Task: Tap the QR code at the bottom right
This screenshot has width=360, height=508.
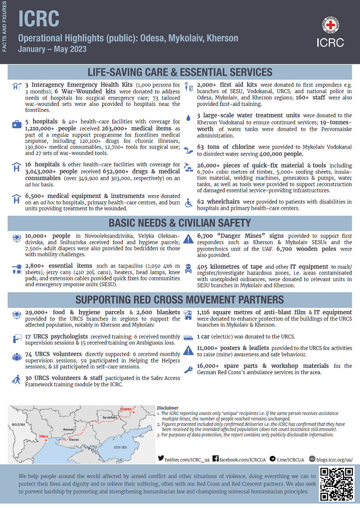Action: pos(336,484)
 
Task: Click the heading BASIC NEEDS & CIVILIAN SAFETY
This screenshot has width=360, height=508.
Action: pos(180,223)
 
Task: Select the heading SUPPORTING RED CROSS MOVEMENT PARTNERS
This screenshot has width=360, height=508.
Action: pos(180,300)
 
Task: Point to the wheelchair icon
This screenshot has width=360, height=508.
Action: pos(188,203)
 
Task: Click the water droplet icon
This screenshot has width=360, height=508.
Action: pos(188,118)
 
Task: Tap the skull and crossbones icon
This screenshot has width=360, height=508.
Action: pos(188,267)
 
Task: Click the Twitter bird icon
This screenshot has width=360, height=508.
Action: pos(161,459)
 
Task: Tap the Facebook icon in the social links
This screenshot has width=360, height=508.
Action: pos(216,459)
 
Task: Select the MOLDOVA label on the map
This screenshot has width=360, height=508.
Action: pos(19,425)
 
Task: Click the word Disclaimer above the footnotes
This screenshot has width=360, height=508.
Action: pos(168,408)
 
